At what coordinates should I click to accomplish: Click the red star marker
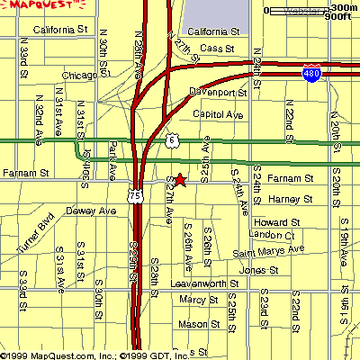(x=179, y=180)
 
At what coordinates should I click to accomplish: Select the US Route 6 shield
(x=173, y=140)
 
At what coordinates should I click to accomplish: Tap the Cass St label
(x=217, y=48)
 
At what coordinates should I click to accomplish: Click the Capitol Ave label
(x=218, y=114)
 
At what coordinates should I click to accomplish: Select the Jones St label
(x=259, y=269)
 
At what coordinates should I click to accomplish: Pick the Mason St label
(x=193, y=323)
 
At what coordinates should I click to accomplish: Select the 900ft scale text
(x=337, y=16)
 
